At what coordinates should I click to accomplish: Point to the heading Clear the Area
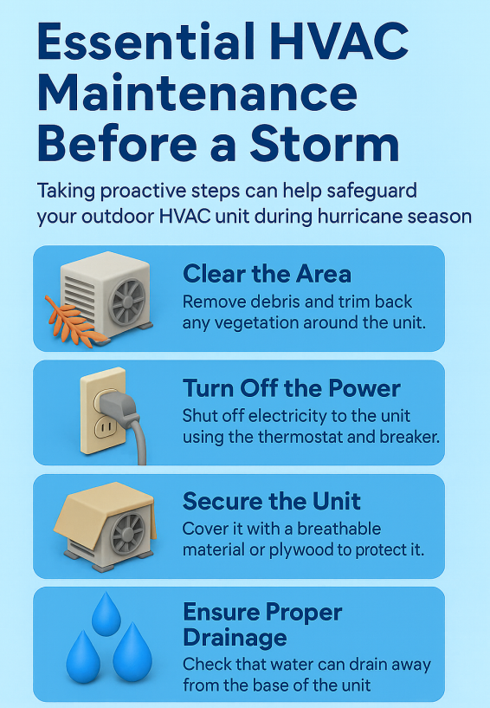pos(268,274)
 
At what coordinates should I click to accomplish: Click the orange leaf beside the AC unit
pos(74,322)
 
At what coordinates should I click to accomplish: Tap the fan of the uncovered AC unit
pos(127,302)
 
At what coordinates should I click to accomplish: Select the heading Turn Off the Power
pos(292,388)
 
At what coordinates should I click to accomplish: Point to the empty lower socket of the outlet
pos(105,426)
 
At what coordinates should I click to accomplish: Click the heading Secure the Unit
pos(272,501)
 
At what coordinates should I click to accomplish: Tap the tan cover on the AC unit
pos(104,508)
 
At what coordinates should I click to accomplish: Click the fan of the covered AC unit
pos(128,533)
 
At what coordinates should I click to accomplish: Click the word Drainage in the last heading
pos(235,638)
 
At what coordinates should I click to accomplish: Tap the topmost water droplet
pos(106,615)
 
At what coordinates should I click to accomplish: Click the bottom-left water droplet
pos(83,659)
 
